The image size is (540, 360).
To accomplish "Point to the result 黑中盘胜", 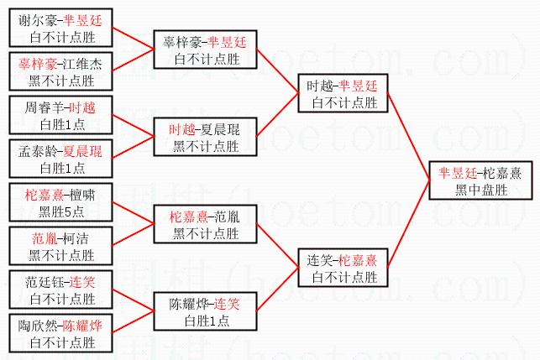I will click(479, 189).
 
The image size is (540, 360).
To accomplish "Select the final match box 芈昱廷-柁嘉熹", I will click(479, 180).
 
